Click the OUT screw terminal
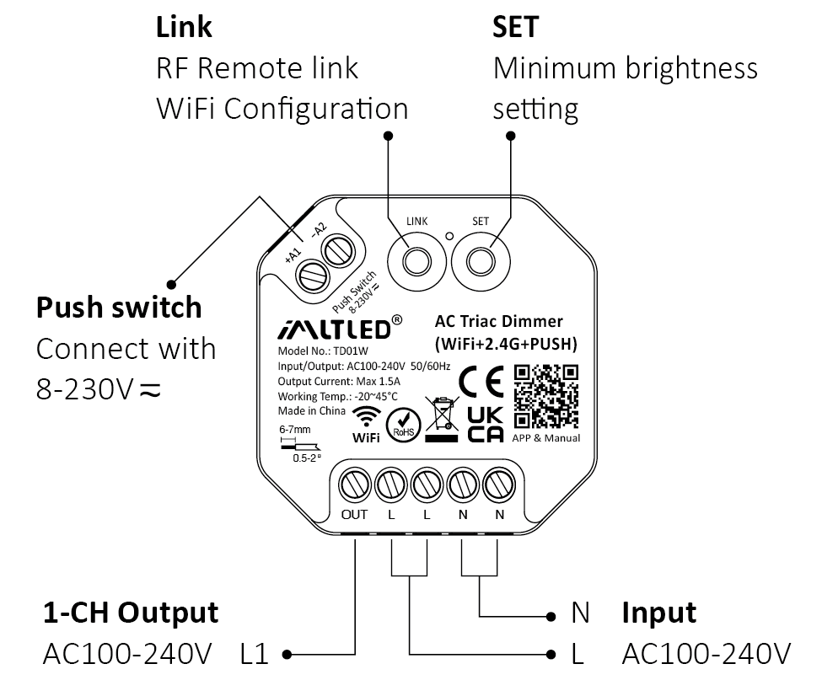click(354, 485)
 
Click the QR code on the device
click(546, 395)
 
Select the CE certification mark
click(481, 381)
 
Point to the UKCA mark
click(485, 424)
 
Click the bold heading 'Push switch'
click(119, 307)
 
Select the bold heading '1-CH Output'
click(131, 613)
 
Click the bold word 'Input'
click(659, 613)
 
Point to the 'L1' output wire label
click(254, 653)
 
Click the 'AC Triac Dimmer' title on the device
click(498, 321)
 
